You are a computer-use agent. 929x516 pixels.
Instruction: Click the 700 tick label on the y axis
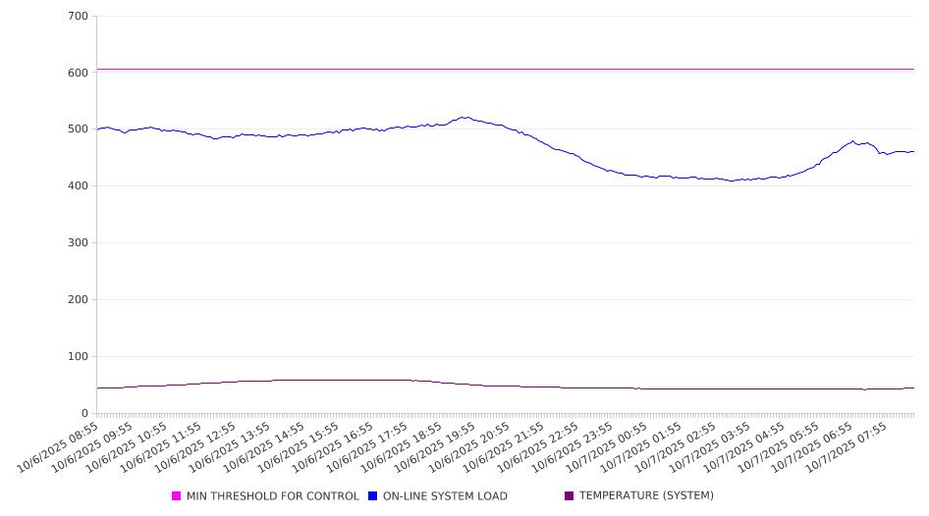79,17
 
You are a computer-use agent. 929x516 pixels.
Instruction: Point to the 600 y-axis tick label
79,73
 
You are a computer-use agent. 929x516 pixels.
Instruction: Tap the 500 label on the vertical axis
79,129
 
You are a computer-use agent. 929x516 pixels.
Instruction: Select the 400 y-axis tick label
79,186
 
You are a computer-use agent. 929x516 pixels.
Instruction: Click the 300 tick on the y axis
79,243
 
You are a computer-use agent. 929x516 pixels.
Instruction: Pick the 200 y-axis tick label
79,300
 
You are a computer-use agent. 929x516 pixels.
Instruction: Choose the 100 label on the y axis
79,357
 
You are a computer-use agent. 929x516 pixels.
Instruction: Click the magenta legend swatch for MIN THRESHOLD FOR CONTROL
177,496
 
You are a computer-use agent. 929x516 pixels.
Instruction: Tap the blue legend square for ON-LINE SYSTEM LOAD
373,496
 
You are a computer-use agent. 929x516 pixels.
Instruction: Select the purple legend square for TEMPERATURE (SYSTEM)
570,496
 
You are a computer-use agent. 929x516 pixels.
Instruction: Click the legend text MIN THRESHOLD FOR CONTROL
272,496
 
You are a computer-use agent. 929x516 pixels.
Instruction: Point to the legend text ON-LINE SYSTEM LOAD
445,496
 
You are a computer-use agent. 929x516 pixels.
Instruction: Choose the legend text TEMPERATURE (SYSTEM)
646,496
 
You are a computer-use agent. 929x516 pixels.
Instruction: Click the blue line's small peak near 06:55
852,141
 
